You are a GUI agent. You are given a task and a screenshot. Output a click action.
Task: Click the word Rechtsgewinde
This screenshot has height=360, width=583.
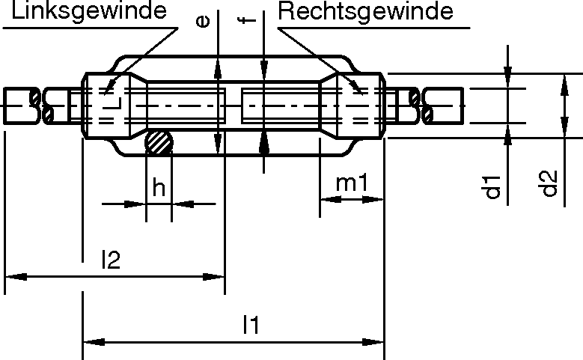click(367, 11)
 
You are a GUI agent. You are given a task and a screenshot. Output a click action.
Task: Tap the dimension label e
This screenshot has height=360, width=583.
click(201, 21)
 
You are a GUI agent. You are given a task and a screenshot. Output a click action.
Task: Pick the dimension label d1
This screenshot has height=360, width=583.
click(492, 186)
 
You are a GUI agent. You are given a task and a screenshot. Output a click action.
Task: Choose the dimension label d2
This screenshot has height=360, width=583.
click(550, 183)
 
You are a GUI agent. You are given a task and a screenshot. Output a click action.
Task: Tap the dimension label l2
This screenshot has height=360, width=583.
click(110, 260)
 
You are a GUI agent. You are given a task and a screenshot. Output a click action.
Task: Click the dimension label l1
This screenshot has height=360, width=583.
click(251, 325)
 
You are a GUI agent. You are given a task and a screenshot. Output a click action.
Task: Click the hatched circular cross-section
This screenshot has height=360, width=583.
click(159, 142)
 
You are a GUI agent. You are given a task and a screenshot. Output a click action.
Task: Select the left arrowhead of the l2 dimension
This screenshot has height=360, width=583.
click(13, 277)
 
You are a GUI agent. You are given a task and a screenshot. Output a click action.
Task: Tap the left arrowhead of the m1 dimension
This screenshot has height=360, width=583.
click(329, 201)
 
